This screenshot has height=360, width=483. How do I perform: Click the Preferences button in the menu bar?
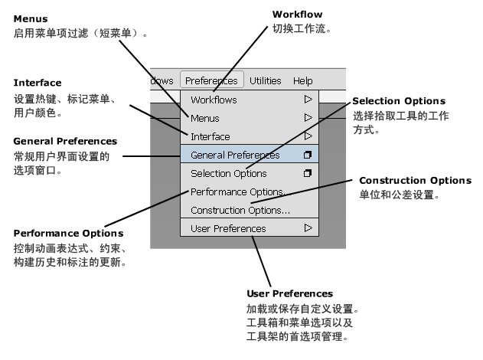(212, 80)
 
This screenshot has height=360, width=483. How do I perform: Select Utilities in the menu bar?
(265, 80)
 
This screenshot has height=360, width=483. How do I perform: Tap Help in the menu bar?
(302, 80)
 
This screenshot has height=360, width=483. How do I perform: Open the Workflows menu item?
(214, 100)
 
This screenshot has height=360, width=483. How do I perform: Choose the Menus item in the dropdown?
(205, 118)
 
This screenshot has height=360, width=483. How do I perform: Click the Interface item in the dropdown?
(210, 136)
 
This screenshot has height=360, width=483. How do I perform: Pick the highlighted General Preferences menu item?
(235, 155)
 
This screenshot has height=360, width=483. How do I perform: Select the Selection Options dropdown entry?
(228, 173)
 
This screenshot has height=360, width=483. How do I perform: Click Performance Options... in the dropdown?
(240, 191)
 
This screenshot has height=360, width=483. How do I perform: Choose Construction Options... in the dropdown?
(240, 210)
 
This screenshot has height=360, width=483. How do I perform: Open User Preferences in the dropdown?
(228, 228)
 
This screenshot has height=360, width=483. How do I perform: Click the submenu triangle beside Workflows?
(308, 100)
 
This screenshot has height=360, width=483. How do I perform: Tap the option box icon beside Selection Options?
(308, 173)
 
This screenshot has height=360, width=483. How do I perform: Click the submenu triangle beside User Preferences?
(308, 228)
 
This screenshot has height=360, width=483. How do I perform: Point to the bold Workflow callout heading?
(297, 15)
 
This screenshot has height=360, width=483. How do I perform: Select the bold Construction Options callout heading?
(414, 181)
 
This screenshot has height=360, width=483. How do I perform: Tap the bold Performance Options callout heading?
(68, 233)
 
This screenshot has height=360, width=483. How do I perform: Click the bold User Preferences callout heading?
(289, 293)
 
